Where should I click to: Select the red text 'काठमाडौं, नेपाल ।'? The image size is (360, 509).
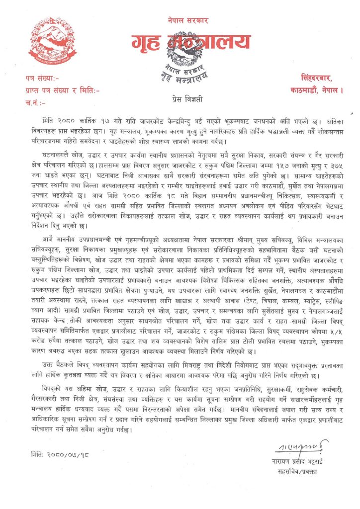tap(316, 90)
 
